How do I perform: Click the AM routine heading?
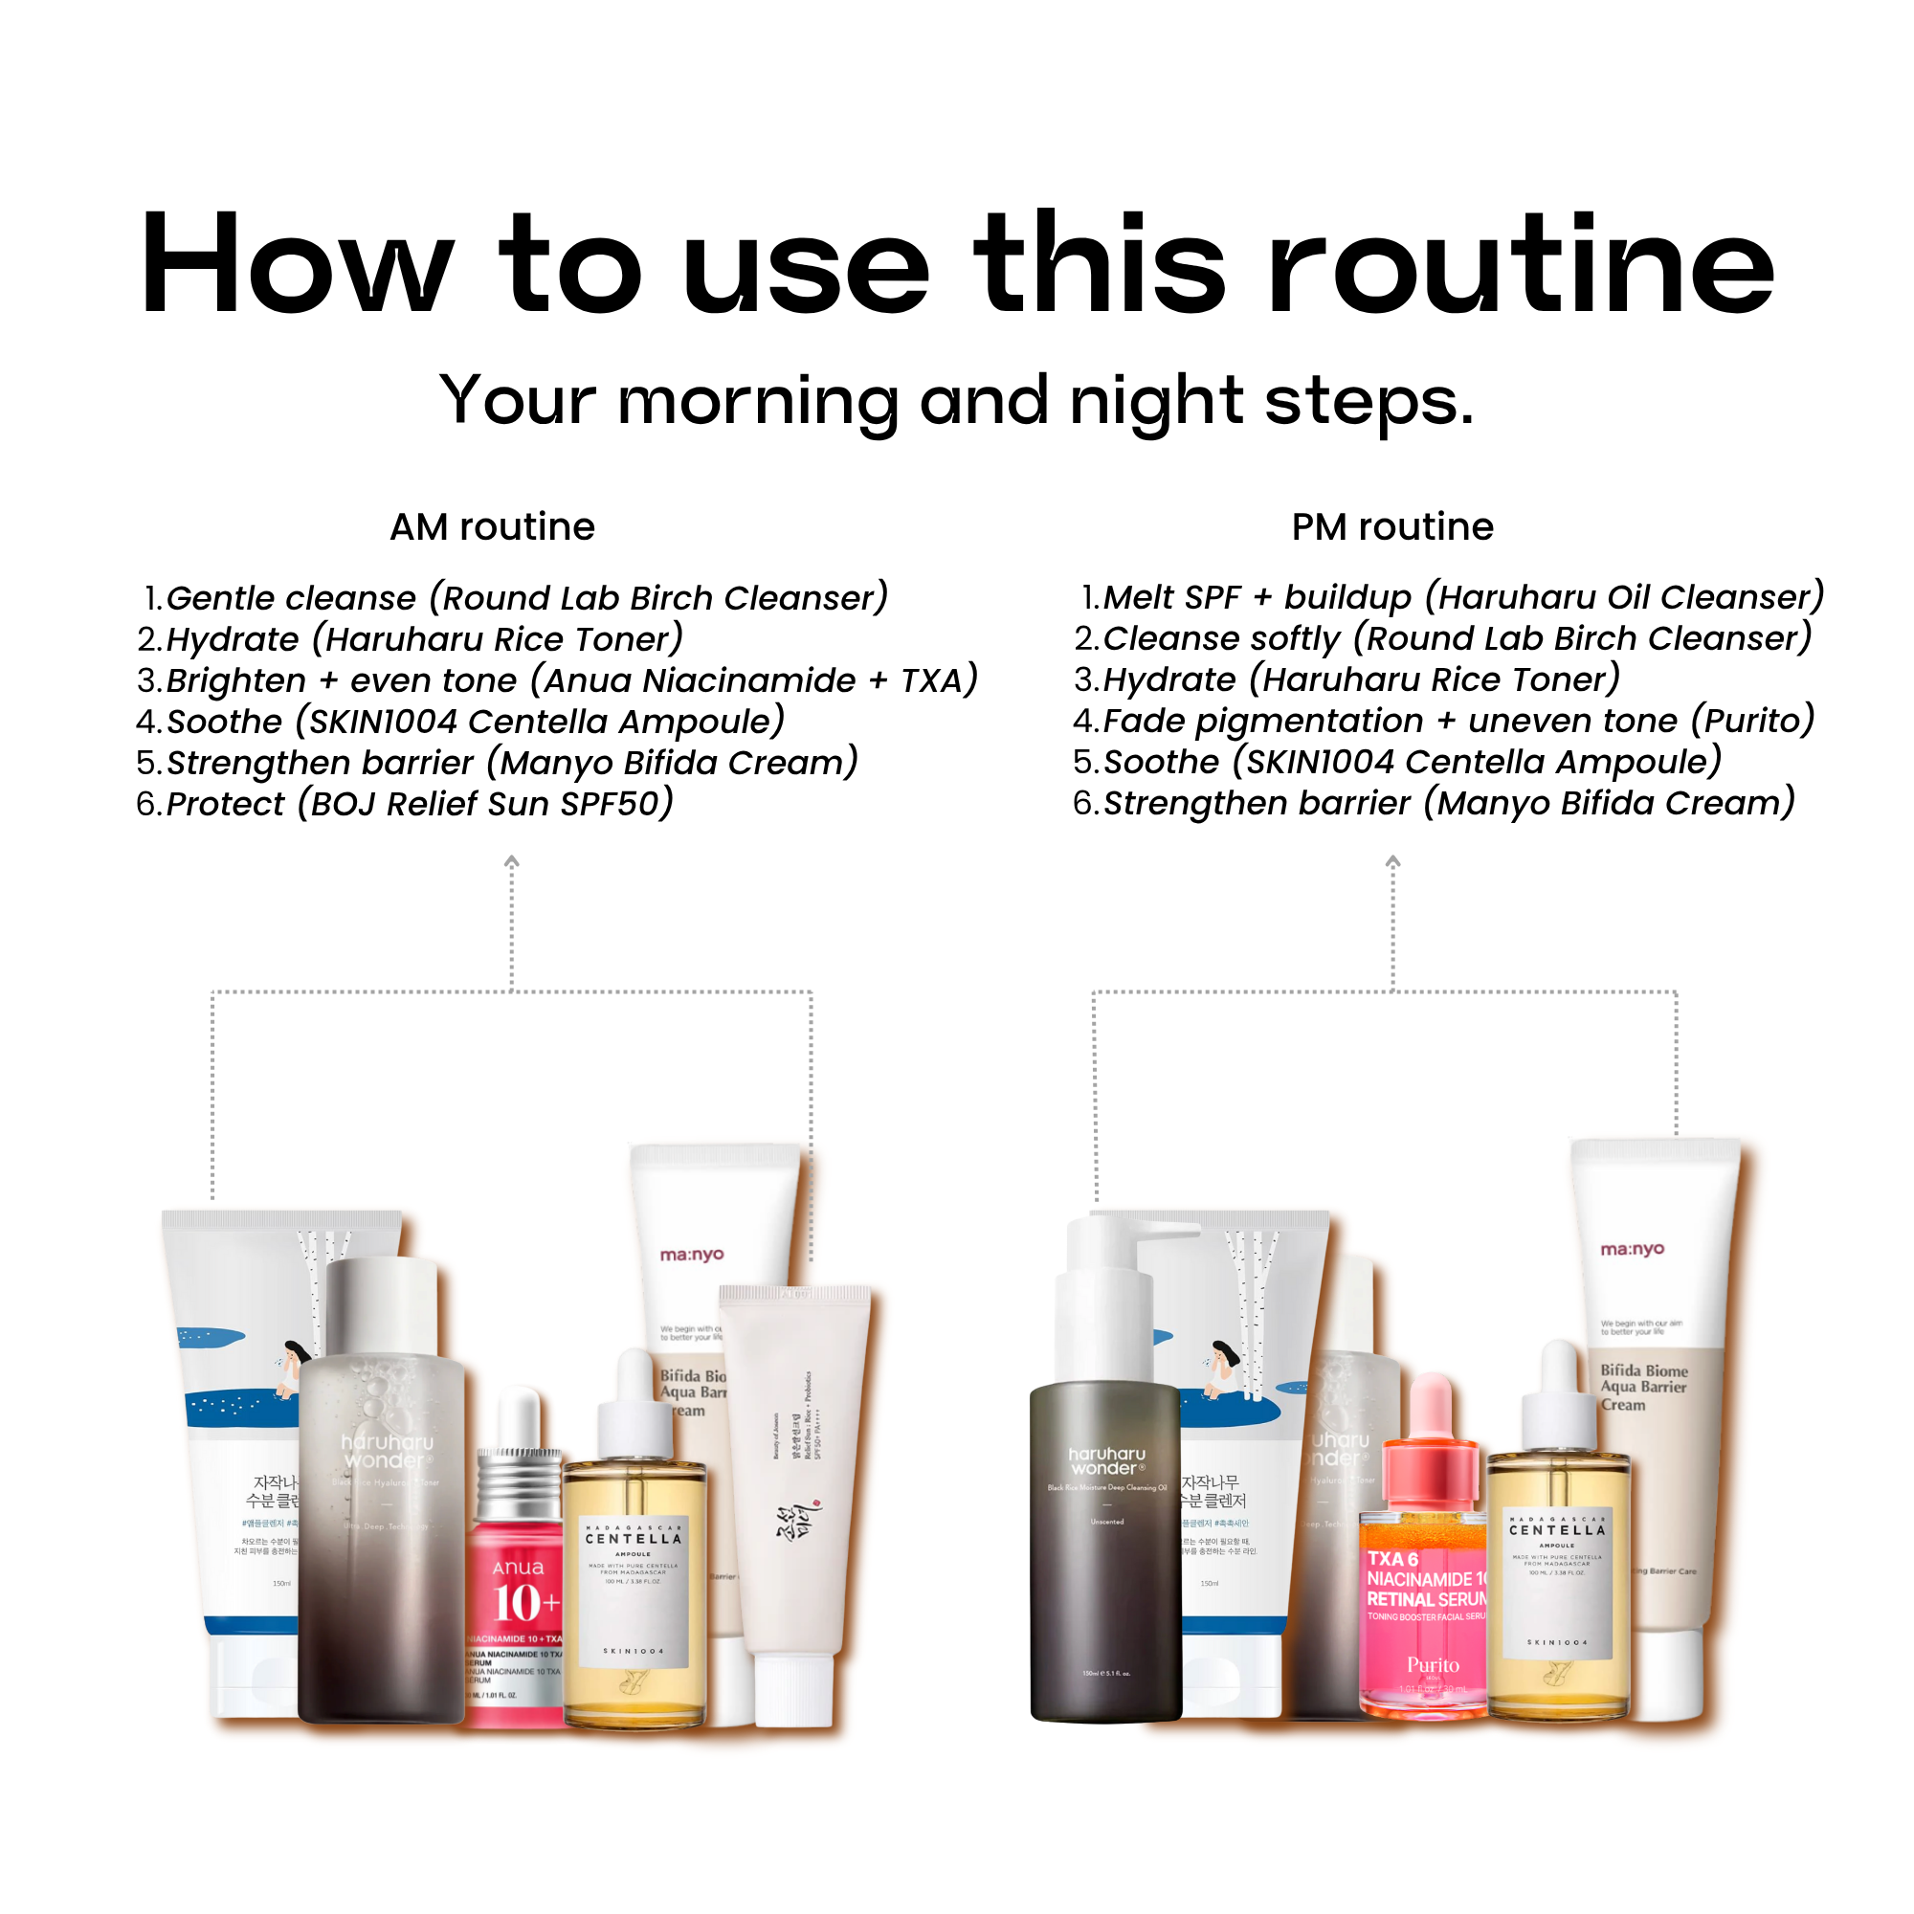pyautogui.click(x=492, y=527)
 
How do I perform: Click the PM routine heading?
pyautogui.click(x=1391, y=527)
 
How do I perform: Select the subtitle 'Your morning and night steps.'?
pyautogui.click(x=957, y=401)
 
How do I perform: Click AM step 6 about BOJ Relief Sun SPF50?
pyautogui.click(x=404, y=804)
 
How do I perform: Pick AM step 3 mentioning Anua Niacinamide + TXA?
pyautogui.click(x=557, y=680)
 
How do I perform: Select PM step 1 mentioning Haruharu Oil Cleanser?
pyautogui.click(x=1452, y=597)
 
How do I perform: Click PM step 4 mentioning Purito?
pyautogui.click(x=1443, y=721)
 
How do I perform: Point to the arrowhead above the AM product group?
pyautogui.click(x=511, y=862)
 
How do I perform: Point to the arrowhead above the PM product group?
pyautogui.click(x=1391, y=862)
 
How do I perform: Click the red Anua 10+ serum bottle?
pyautogui.click(x=517, y=1595)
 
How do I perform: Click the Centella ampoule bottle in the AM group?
pyautogui.click(x=634, y=1575)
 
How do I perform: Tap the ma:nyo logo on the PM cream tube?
pyautogui.click(x=1632, y=1249)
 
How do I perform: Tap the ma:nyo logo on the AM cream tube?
pyautogui.click(x=692, y=1255)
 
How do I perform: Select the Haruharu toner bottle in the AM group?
pyautogui.click(x=382, y=1505)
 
